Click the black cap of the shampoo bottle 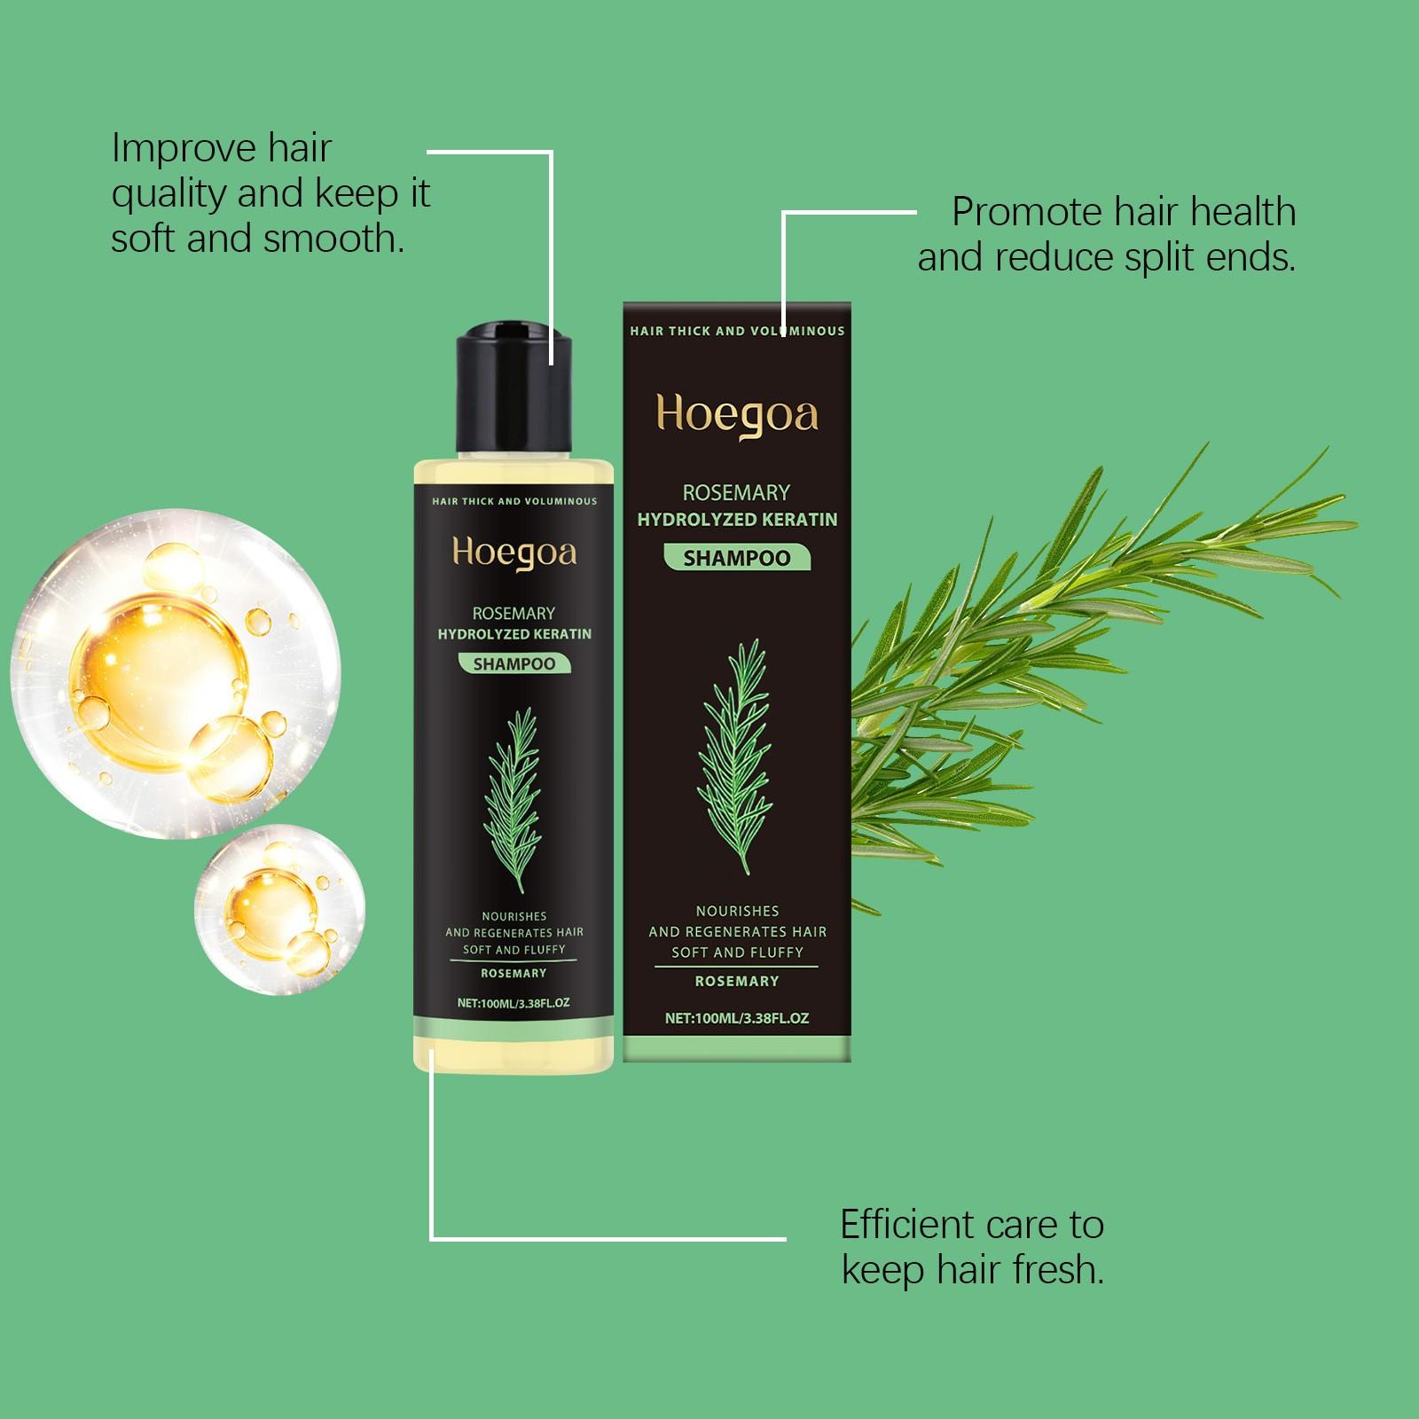[x=514, y=389]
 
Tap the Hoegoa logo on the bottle [x=514, y=553]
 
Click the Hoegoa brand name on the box [x=737, y=415]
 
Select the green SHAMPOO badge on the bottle [x=514, y=663]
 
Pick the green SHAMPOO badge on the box [x=737, y=558]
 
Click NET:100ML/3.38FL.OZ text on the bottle [x=514, y=1003]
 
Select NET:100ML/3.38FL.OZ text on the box [x=737, y=1018]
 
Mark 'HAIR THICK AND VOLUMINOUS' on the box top [x=737, y=331]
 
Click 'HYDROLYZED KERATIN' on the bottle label [x=514, y=634]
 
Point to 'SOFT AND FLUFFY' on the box [x=737, y=953]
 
